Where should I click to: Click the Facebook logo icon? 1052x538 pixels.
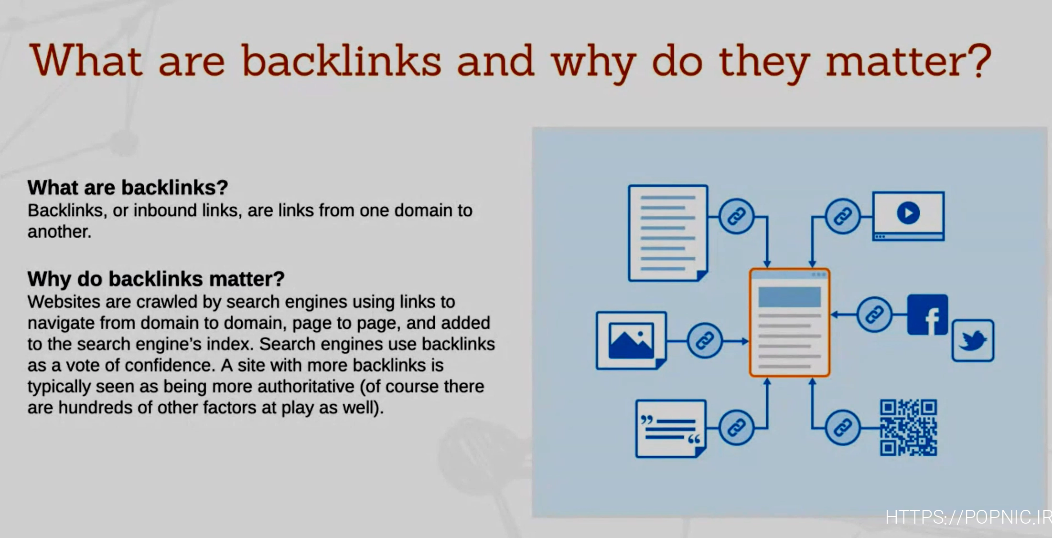(x=927, y=315)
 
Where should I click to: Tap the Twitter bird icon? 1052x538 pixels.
(x=973, y=340)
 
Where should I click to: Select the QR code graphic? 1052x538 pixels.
(x=908, y=427)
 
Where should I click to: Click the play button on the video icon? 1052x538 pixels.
(x=908, y=212)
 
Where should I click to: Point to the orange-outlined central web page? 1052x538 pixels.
(x=789, y=323)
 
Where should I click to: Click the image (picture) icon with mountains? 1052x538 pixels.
(x=632, y=340)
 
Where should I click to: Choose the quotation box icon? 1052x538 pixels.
(x=671, y=429)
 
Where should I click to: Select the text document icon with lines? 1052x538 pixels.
(x=668, y=233)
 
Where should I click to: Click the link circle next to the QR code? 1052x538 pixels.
(x=843, y=427)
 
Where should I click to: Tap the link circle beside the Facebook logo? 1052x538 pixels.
(x=874, y=315)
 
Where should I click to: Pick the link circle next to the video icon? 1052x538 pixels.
(x=843, y=216)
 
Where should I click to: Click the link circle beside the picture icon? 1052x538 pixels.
(x=705, y=341)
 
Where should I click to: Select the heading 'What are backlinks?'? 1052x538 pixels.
(x=128, y=188)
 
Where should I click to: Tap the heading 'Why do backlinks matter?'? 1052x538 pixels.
(x=156, y=279)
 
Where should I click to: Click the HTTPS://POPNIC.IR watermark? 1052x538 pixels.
(x=968, y=517)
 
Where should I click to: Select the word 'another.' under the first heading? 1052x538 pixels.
(x=59, y=232)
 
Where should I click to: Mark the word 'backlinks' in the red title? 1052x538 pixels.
(x=341, y=61)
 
